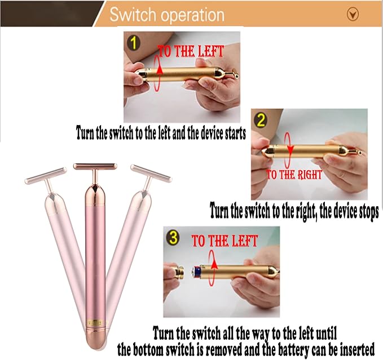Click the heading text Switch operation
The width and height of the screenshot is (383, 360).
point(167,15)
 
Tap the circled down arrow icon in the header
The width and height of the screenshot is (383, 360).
point(353,14)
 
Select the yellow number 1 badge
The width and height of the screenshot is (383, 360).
point(133,42)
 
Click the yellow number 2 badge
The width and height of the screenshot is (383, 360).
point(261,120)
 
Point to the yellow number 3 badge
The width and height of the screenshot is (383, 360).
point(173,238)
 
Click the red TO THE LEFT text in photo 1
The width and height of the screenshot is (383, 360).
point(191,51)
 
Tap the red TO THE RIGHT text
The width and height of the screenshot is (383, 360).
point(294,175)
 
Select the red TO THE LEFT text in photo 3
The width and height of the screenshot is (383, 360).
point(224,241)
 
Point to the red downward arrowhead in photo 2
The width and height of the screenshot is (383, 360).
point(290,149)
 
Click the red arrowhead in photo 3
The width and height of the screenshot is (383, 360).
point(214,265)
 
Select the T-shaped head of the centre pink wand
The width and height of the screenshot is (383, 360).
point(95,167)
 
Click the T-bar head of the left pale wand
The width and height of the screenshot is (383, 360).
point(46,176)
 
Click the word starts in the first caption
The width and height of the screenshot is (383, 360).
point(233,134)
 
